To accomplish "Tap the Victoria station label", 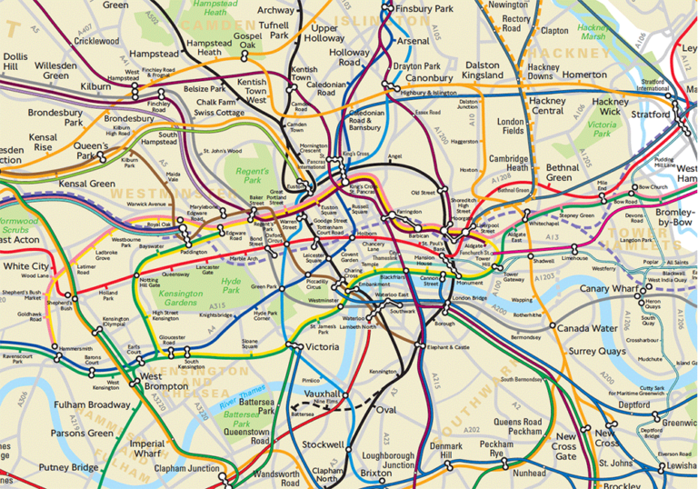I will [x=324, y=347].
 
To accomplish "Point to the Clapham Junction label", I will [x=188, y=471].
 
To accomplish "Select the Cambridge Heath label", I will [x=510, y=162].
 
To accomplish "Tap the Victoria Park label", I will [x=602, y=129].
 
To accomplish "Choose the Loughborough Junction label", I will [x=388, y=460].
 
